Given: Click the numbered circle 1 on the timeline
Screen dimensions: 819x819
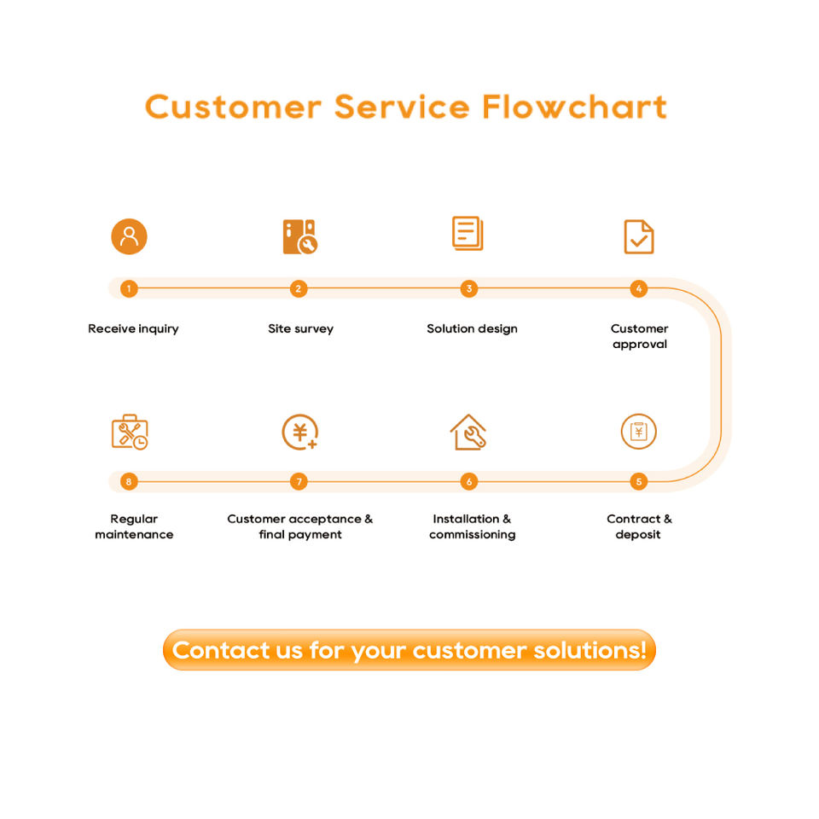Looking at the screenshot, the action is coord(129,288).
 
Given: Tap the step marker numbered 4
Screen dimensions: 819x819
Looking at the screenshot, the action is coord(638,288).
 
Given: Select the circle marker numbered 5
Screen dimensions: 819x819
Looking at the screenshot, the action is coord(638,481).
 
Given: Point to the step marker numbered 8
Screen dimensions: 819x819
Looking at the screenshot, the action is coord(129,481).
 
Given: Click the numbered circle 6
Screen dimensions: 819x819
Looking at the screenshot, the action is coord(468,481).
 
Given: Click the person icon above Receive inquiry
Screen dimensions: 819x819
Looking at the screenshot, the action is coord(129,236).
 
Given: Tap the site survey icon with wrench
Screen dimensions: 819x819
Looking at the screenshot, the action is coord(299,236).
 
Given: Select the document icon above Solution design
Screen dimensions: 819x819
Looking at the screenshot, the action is coord(468,234).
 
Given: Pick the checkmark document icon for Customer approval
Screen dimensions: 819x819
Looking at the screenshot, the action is coord(639,236).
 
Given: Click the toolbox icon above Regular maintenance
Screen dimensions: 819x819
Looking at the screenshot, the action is coord(130,432).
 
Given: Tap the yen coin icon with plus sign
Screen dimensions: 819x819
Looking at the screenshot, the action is coord(299,432).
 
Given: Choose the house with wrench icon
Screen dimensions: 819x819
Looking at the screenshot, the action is coord(468,432).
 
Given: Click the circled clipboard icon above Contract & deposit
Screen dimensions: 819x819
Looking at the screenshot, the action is coord(638,432).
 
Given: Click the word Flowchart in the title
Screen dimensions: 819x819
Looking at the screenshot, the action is coord(574,107).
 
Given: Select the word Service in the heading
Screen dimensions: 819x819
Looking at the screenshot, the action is coord(402,107).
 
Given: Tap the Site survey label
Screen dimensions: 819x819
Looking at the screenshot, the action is coord(301,328).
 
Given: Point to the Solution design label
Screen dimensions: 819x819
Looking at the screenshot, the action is coord(472,328).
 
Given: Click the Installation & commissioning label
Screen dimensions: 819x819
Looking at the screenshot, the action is coord(472,526).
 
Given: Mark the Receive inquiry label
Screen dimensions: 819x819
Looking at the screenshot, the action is coord(133,328).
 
